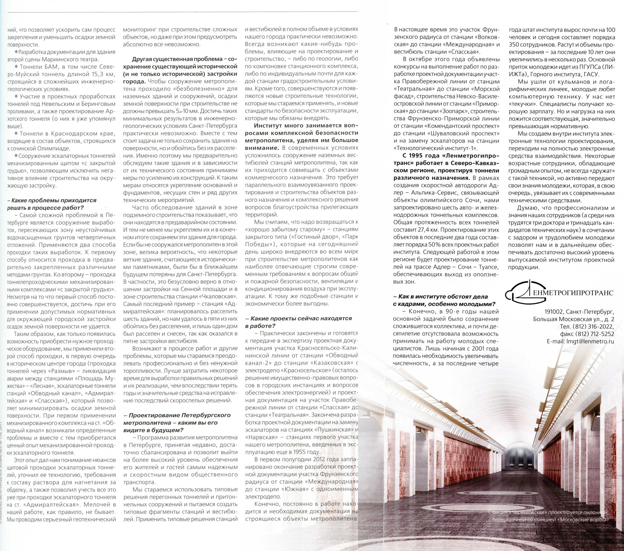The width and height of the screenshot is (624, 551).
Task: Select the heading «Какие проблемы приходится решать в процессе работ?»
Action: click(x=52, y=204)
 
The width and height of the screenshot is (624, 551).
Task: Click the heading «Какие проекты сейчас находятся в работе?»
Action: click(x=299, y=322)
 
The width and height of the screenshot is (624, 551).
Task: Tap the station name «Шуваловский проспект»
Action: click(x=464, y=133)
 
